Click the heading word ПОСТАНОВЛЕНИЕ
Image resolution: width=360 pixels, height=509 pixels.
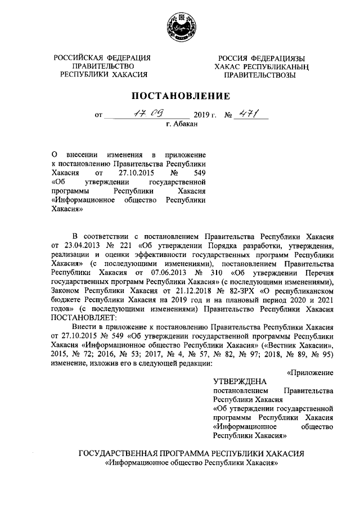point(180,96)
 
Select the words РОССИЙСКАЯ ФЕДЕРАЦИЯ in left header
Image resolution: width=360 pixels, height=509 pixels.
point(102,58)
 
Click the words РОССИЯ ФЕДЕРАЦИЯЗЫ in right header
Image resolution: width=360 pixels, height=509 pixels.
point(262,58)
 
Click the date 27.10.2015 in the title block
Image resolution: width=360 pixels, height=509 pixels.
point(132,173)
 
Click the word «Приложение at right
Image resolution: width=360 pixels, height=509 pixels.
point(310,372)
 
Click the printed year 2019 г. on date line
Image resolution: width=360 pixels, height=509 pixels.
point(205,115)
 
